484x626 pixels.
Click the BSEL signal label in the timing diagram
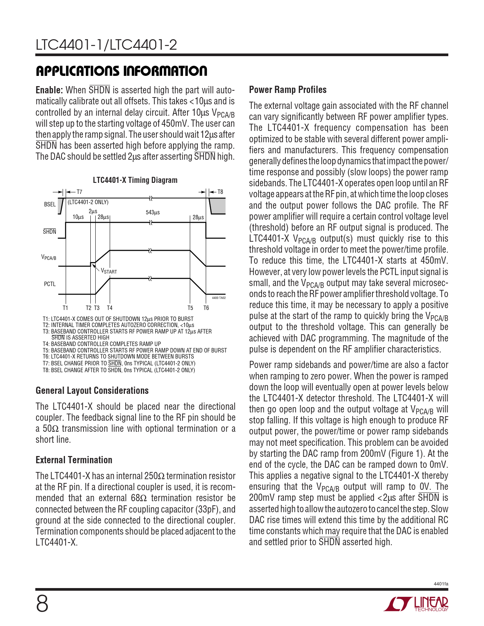50,204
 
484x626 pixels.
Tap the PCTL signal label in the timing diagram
50,284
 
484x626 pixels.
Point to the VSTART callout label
109,271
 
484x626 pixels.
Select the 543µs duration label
153,212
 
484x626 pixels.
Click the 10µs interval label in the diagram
78,217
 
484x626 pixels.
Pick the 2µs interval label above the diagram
93,211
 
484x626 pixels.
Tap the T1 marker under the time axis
65,308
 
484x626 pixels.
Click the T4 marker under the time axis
110,308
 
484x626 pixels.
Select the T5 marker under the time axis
190,308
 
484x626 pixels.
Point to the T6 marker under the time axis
206,308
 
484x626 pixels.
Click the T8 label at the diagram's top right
220,192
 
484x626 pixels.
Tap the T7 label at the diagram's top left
79,192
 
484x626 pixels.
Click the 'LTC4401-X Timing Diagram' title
135,180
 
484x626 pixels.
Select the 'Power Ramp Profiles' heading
288,90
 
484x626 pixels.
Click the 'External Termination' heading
74,460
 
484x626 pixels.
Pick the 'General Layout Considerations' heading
92,391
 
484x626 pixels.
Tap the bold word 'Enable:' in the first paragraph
49,90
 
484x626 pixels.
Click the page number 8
42,604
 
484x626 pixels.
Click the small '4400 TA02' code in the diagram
219,298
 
